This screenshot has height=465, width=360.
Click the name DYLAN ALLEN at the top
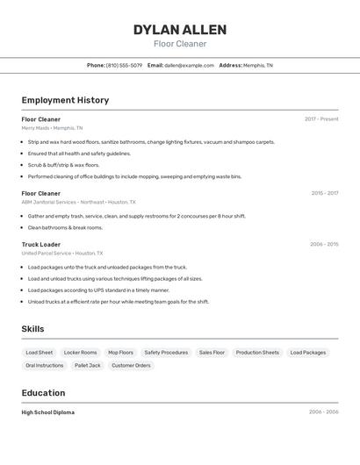point(180,30)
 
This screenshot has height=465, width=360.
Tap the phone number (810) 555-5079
point(124,65)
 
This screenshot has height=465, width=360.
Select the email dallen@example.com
point(189,65)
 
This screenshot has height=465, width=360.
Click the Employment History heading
point(65,100)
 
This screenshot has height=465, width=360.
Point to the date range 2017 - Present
point(321,118)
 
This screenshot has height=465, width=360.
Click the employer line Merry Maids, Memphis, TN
point(52,128)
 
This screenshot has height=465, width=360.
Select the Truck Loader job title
point(41,244)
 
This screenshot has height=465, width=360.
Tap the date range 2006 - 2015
point(324,244)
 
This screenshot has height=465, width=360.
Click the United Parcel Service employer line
point(62,254)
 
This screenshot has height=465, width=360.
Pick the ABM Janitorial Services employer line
point(79,202)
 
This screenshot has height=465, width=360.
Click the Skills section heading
point(33,329)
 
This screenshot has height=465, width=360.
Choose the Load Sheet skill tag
point(40,353)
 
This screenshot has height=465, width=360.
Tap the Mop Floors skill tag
point(120,353)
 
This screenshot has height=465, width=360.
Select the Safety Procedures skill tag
point(166,353)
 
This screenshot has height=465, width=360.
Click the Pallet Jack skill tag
point(88,365)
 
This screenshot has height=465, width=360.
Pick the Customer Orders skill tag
point(131,365)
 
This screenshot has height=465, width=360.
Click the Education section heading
point(44,393)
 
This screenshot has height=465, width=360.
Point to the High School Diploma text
point(48,412)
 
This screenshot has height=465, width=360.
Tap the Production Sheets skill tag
point(257,353)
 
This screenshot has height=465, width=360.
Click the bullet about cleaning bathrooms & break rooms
point(65,227)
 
